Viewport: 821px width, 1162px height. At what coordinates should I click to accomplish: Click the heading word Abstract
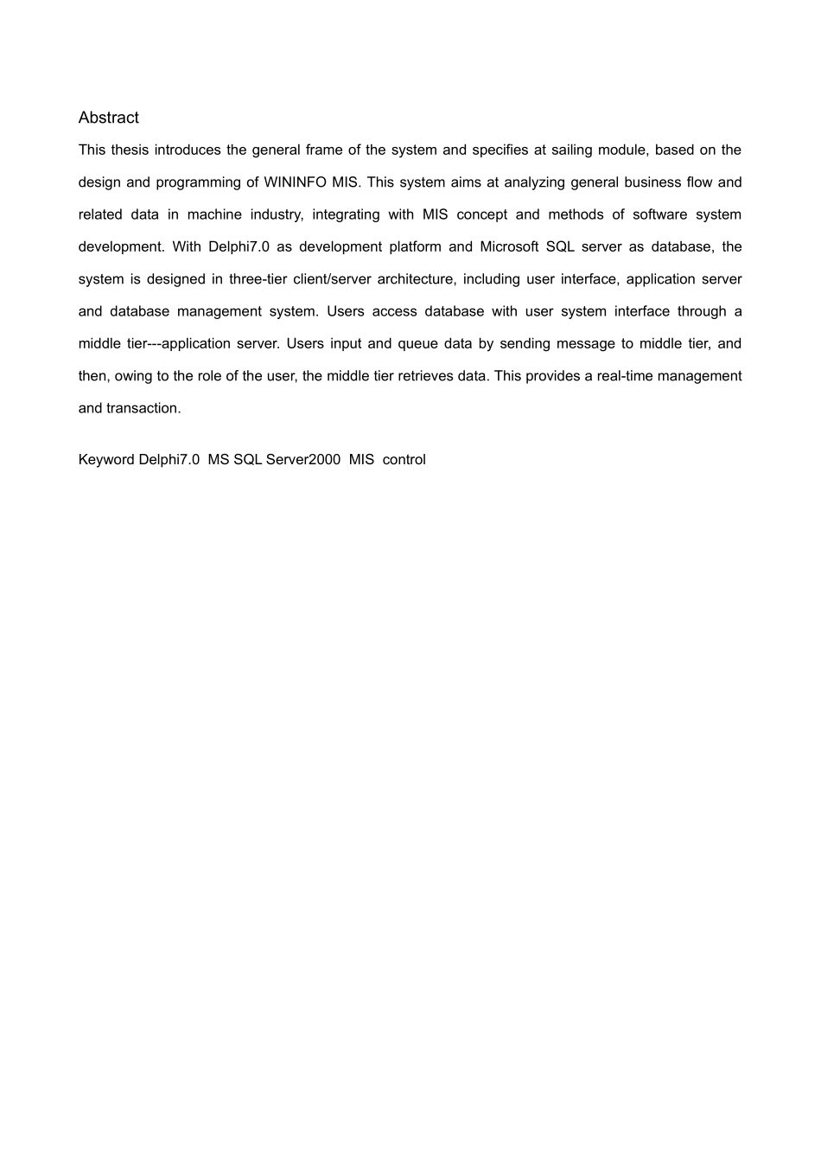tap(108, 118)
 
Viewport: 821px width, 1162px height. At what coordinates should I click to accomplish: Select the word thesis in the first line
tap(130, 150)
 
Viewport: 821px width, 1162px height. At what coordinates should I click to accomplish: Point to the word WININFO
tap(290, 182)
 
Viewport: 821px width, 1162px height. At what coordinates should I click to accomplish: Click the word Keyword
tap(106, 460)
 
